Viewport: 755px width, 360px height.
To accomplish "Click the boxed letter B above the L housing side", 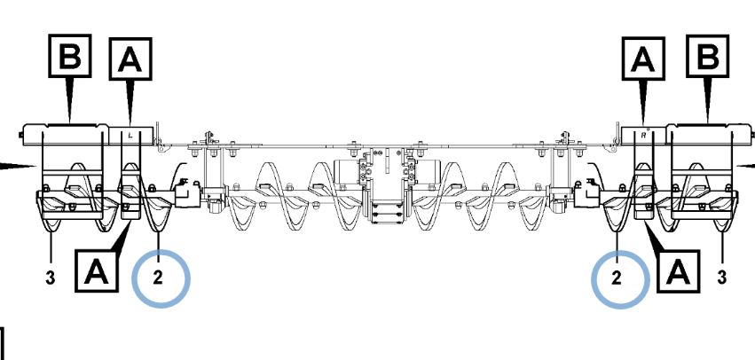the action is (70, 55).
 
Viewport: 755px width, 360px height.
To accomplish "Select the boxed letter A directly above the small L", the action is (130, 59).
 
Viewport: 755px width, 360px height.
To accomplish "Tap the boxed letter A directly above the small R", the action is (643, 59).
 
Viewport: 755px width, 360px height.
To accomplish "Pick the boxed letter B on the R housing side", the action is (707, 55).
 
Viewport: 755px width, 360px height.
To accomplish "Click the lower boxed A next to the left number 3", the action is (97, 270).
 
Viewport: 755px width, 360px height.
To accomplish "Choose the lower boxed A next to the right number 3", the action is (678, 271).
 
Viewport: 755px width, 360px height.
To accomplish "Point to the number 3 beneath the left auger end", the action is (51, 278).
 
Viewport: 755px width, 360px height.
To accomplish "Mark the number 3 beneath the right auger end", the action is (721, 278).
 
